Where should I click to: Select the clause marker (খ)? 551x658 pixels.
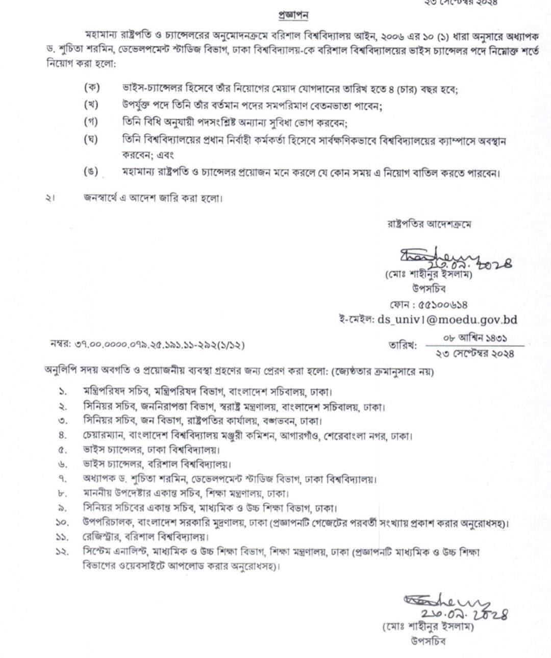pyautogui.click(x=91, y=105)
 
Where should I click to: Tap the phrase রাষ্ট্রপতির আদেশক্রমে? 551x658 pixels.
pyautogui.click(x=433, y=223)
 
